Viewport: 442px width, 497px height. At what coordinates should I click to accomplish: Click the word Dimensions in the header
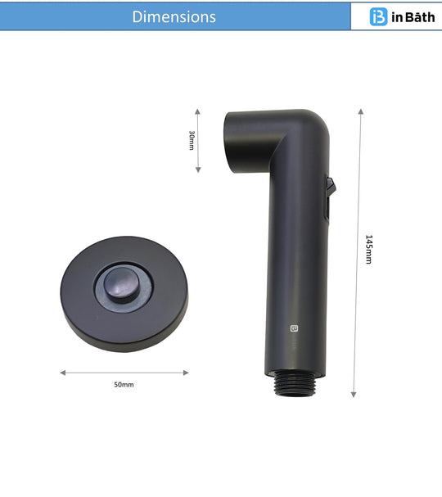pyautogui.click(x=174, y=16)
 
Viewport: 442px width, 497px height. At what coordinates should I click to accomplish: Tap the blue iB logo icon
pyautogui.click(x=378, y=16)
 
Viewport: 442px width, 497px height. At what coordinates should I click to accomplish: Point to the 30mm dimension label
pyautogui.click(x=192, y=140)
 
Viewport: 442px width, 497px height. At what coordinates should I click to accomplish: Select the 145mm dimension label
pyautogui.click(x=368, y=249)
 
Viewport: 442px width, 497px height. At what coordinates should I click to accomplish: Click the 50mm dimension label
pyautogui.click(x=124, y=384)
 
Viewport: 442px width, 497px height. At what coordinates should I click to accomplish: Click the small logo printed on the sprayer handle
pyautogui.click(x=295, y=329)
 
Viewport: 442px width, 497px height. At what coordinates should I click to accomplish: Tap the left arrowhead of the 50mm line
pyautogui.click(x=62, y=373)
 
